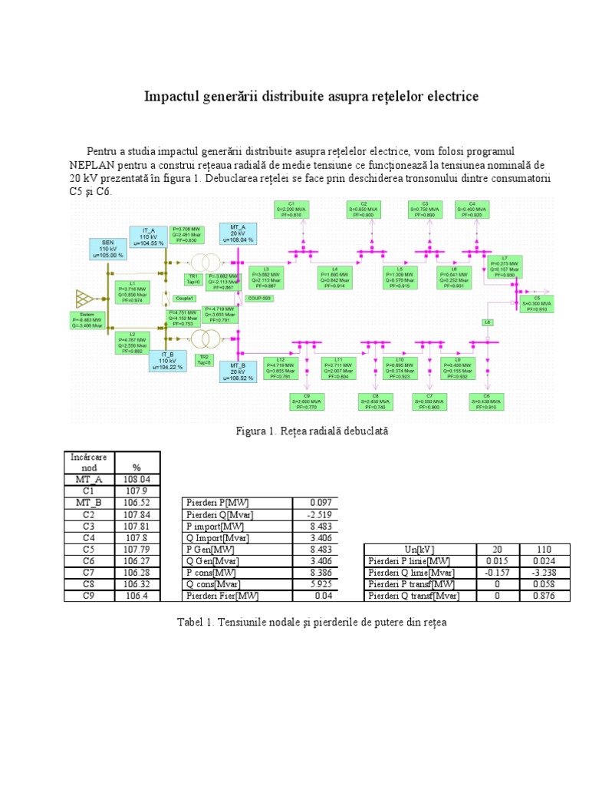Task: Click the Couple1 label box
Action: click(x=184, y=298)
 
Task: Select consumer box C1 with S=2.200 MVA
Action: click(x=293, y=210)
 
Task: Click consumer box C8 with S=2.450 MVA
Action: click(x=375, y=401)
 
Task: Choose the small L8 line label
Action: click(x=488, y=322)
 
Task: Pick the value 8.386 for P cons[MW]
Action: click(x=314, y=573)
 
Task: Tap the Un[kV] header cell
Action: click(x=418, y=550)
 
